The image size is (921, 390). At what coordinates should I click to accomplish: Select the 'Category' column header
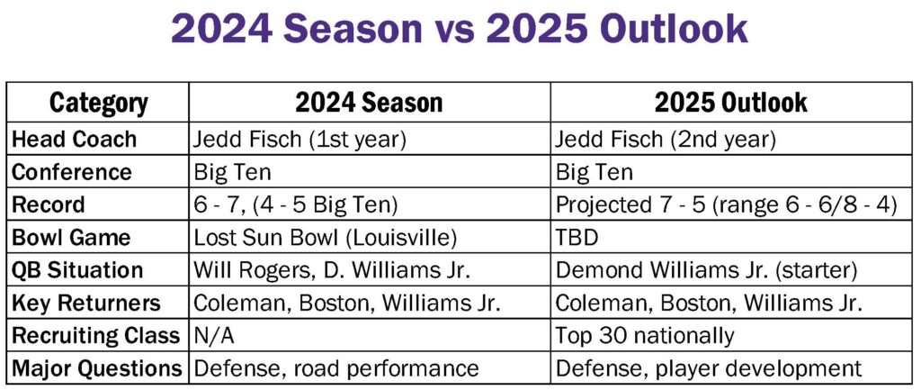(x=99, y=104)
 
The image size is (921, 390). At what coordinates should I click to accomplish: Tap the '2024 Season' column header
(x=368, y=103)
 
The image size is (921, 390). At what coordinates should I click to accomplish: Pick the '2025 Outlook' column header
(x=730, y=103)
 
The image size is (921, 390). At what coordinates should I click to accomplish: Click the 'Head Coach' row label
(x=74, y=140)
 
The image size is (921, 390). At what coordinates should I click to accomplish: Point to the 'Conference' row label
(x=72, y=172)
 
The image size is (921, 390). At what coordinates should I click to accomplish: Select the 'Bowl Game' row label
(x=70, y=238)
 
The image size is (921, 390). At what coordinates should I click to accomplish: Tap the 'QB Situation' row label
(x=77, y=270)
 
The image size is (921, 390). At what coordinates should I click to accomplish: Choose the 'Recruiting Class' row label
(x=95, y=336)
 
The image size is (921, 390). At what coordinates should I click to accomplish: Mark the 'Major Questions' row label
(x=97, y=368)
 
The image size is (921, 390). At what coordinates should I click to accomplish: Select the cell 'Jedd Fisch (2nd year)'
(x=666, y=140)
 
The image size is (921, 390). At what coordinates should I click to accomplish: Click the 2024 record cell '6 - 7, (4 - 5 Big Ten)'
(x=296, y=205)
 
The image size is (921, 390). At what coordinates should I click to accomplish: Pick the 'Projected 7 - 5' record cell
(x=726, y=205)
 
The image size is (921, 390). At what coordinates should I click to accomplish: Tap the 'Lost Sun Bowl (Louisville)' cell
(x=326, y=238)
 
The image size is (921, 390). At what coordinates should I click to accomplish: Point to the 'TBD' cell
(x=577, y=239)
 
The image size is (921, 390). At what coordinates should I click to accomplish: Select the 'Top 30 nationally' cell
(x=645, y=336)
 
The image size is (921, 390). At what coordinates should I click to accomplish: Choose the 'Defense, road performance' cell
(x=336, y=368)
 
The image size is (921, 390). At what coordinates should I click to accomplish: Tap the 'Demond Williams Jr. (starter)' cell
(x=707, y=270)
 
